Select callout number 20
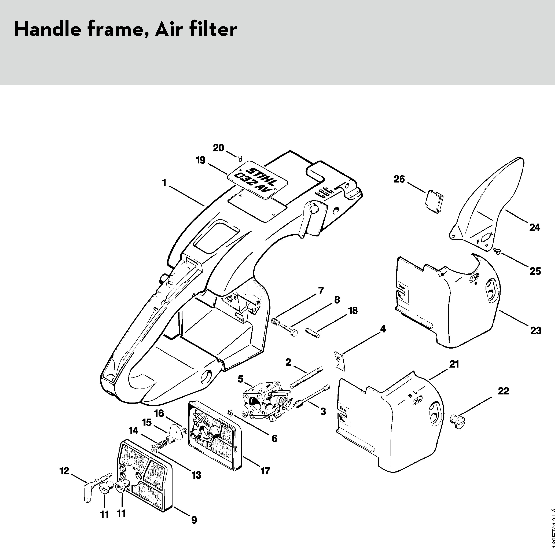point(218,148)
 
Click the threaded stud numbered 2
point(307,377)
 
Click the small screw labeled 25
point(497,251)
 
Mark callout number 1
point(164,183)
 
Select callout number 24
point(535,228)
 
